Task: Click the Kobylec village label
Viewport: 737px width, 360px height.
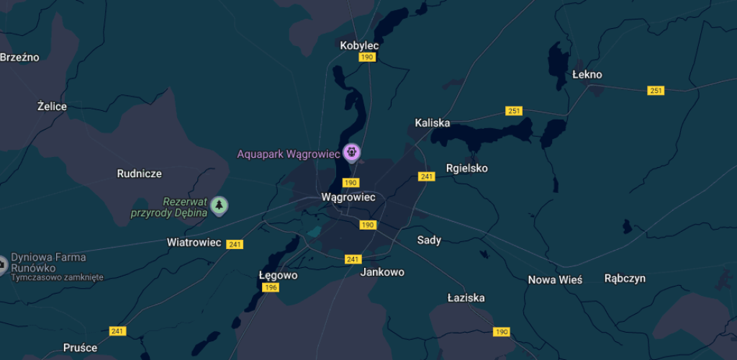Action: pos(359,45)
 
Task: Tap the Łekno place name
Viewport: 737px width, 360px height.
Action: pos(587,74)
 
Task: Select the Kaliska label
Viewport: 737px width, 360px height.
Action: pos(433,122)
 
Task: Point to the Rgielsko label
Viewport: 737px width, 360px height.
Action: pos(466,168)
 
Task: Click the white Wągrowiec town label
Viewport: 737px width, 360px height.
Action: pos(348,197)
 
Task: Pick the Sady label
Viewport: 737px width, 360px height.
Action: pos(429,240)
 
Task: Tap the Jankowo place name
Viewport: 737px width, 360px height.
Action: pos(382,272)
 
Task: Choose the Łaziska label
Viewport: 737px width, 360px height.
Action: pos(466,297)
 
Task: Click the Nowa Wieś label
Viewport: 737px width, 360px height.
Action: pos(555,279)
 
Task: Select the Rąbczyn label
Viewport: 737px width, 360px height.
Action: pos(625,278)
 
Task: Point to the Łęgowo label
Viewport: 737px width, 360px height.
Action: pos(278,275)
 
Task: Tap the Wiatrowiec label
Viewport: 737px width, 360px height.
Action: pos(194,242)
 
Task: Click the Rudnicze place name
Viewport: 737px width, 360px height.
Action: pos(139,174)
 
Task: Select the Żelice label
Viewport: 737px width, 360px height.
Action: pos(52,107)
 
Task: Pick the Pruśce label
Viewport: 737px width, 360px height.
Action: pos(80,348)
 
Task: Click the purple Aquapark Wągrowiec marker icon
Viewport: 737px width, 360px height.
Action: pos(351,152)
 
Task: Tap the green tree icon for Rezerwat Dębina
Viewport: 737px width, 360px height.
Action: pos(219,206)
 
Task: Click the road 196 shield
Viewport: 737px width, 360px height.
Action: pos(271,287)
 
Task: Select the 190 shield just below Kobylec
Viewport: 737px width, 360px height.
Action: pos(367,57)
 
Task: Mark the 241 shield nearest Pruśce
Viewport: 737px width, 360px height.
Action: pos(117,330)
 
